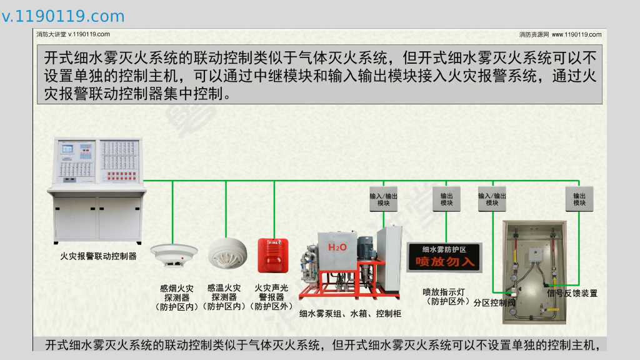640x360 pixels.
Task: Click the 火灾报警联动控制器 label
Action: tap(98, 256)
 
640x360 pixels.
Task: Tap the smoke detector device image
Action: tap(174, 254)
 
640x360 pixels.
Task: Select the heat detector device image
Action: tap(224, 254)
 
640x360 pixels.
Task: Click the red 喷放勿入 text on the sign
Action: tap(445, 261)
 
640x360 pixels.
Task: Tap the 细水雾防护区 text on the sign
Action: tap(444, 249)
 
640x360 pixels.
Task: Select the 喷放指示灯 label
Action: tap(444, 291)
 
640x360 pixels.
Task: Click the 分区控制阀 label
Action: tap(494, 302)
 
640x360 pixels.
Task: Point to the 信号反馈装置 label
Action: tap(572, 293)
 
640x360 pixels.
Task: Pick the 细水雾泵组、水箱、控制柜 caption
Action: tap(350, 313)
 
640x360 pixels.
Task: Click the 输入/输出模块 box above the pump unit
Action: tap(383, 198)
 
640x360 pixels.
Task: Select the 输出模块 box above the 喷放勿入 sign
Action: tap(446, 198)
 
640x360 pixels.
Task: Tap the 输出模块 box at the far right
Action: tap(579, 198)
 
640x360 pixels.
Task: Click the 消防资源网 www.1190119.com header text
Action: tap(560, 35)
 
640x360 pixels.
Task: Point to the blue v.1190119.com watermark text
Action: tap(63, 16)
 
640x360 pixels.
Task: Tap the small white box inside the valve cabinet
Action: tap(534, 254)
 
